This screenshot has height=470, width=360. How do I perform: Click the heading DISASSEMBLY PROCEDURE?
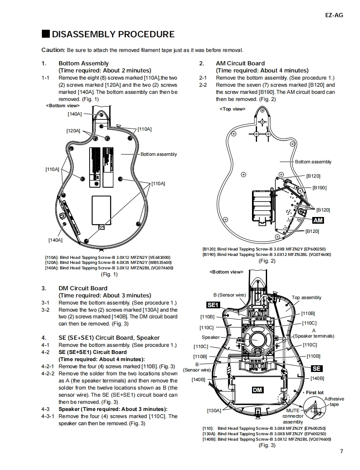[x=113, y=34]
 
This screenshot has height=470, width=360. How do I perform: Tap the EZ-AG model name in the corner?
[x=334, y=15]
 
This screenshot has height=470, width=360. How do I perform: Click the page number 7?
[x=342, y=451]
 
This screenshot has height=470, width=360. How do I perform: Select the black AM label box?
[x=318, y=220]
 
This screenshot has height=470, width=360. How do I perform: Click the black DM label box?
[x=257, y=390]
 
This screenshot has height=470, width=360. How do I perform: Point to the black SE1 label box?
[x=213, y=305]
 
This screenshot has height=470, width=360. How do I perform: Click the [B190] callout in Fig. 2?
[x=319, y=188]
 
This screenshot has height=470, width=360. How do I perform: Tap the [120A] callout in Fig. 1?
[x=73, y=131]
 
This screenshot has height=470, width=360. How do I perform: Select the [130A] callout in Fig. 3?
[x=214, y=411]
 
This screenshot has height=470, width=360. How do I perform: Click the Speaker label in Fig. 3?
[x=211, y=337]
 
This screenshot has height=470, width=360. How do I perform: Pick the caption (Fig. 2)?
[x=267, y=261]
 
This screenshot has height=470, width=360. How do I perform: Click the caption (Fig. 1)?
[x=109, y=274]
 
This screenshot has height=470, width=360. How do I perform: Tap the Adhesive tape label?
[x=334, y=401]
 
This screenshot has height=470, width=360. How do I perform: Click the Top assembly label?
[x=306, y=297]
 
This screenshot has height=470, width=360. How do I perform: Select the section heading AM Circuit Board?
[x=240, y=63]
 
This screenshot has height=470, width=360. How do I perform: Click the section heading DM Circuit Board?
[x=83, y=288]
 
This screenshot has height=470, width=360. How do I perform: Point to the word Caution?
[x=53, y=50]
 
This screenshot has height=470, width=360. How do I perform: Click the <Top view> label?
[x=232, y=109]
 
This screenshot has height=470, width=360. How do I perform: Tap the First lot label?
[x=314, y=393]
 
